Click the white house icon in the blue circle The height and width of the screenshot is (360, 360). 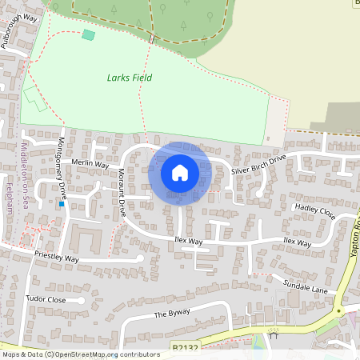[x=179, y=173]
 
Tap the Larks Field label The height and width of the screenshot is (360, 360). [x=129, y=78]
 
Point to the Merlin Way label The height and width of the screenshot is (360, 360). [x=89, y=163]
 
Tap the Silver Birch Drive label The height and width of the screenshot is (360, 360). [x=258, y=166]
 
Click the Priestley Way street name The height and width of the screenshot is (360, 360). [x=57, y=258]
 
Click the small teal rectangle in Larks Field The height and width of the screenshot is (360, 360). [x=88, y=34]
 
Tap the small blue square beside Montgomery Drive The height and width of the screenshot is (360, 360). [x=61, y=203]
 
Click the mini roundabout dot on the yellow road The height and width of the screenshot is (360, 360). [x=338, y=310]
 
